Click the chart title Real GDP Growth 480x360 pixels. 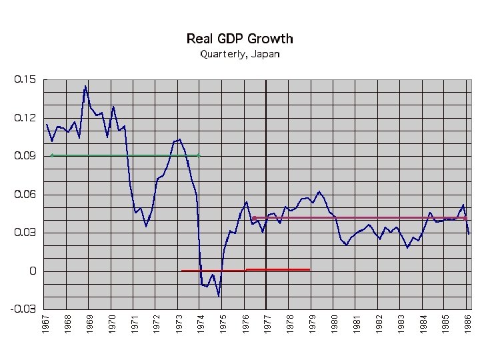pos(239,39)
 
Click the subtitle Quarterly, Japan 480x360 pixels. pos(239,55)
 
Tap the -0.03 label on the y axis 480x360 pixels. pos(24,309)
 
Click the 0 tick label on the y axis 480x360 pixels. pos(32,271)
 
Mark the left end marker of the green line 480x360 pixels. pos(52,155)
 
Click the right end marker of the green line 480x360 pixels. pos(199,155)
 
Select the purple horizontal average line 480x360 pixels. pos(360,218)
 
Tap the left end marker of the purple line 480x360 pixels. pos(254,218)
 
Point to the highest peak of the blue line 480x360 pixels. pos(85,86)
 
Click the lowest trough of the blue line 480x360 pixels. pos(218,295)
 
